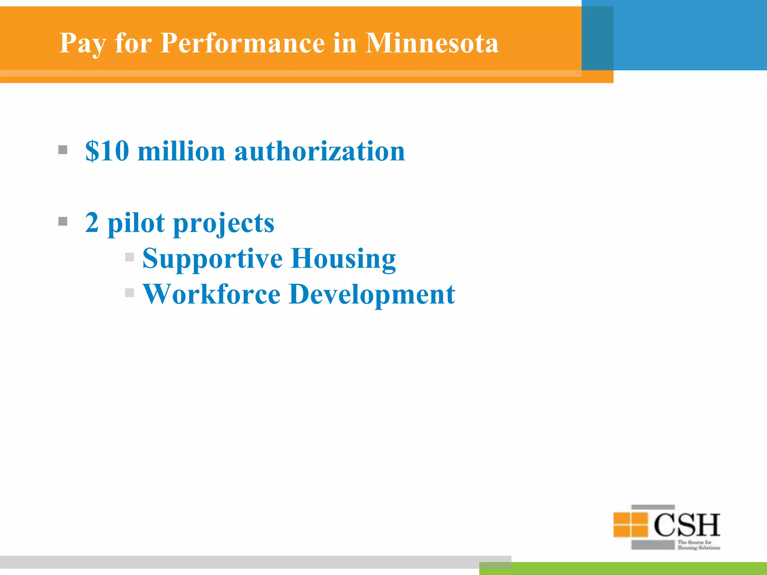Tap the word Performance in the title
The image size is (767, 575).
(x=242, y=43)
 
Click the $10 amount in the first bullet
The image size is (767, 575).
(x=107, y=151)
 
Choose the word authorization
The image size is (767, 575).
(x=319, y=151)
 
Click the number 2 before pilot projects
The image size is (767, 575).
(x=92, y=222)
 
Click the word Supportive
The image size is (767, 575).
(x=212, y=258)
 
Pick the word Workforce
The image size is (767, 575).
(x=212, y=294)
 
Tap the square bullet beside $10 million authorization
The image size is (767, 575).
(x=63, y=150)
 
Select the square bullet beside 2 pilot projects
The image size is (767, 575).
(x=63, y=222)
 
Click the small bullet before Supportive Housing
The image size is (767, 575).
(x=130, y=257)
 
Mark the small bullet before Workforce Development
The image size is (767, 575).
(x=130, y=293)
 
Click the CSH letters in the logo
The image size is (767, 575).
(x=687, y=525)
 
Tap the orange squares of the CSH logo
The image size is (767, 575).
(x=631, y=524)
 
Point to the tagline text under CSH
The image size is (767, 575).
(x=698, y=545)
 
